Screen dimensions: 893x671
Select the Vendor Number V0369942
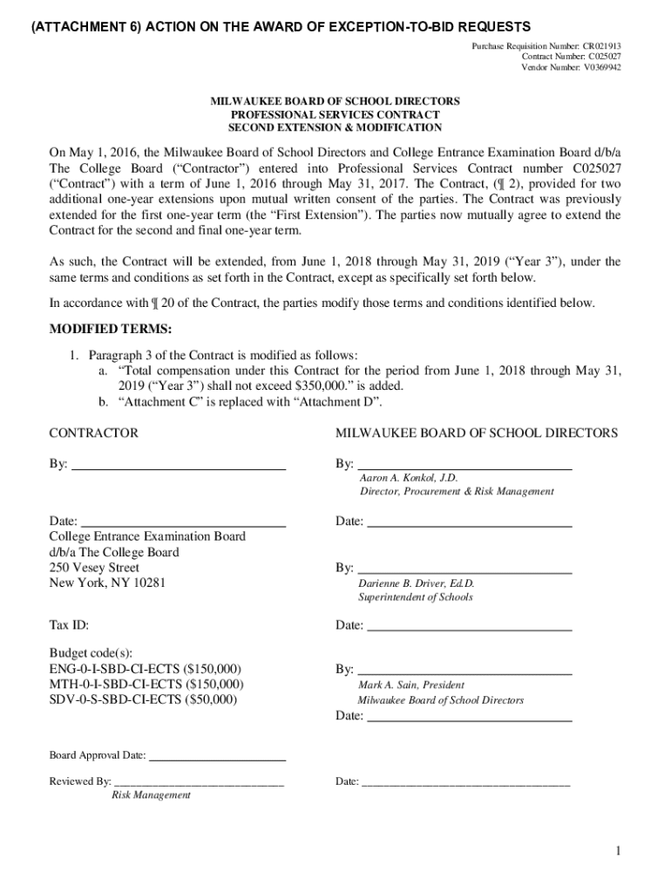(x=571, y=67)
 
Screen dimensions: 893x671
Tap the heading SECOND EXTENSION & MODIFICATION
(x=335, y=127)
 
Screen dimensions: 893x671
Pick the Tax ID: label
(x=69, y=625)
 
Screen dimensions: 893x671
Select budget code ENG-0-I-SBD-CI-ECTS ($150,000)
(x=145, y=669)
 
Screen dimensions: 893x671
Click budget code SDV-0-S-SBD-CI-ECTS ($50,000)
(x=142, y=699)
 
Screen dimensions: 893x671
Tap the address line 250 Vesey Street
(x=94, y=568)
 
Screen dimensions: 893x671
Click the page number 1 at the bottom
(x=616, y=852)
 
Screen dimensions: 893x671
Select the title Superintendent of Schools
(x=415, y=597)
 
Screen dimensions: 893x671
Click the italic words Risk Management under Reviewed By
(x=151, y=795)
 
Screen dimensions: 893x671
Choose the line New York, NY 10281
(x=106, y=583)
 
